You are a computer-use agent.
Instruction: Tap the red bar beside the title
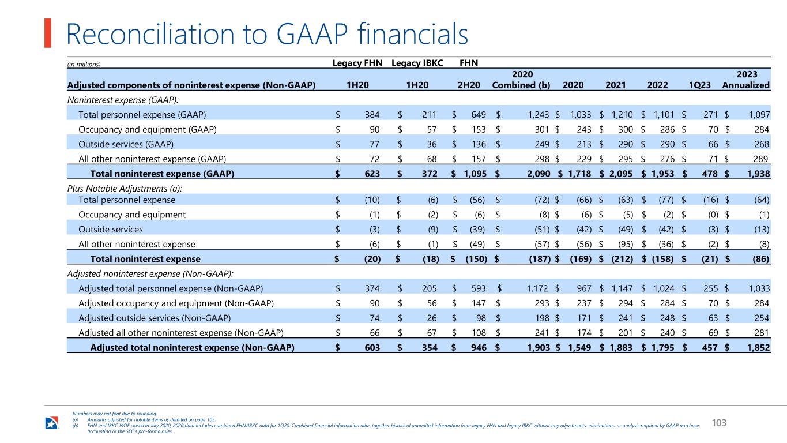47,33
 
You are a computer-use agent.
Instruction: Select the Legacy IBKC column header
417,63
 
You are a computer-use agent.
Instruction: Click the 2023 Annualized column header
746,80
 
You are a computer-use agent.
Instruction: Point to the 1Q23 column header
699,85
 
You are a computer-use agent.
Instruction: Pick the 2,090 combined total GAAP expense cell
539,174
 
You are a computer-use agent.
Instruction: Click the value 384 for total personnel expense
372,115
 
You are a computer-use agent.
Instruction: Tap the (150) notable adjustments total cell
476,259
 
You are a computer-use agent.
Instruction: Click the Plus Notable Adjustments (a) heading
125,189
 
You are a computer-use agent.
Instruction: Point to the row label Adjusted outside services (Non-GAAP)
155,318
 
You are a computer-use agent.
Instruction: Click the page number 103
719,423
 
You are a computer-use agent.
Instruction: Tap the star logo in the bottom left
52,423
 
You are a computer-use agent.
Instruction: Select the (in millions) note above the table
84,65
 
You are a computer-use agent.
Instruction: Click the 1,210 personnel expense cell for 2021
622,115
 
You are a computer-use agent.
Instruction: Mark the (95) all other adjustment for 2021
626,244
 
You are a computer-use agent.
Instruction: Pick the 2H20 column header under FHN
469,85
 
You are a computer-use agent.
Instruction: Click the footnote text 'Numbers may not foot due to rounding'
115,414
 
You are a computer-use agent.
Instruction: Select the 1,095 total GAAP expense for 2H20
475,174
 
